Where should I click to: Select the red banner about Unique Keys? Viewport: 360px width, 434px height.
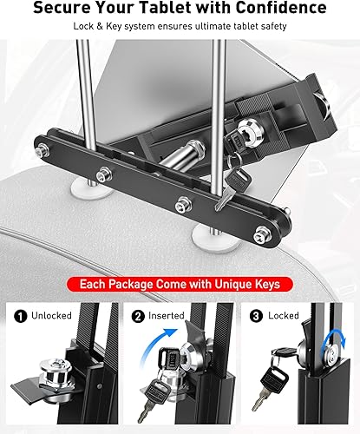[x=180, y=284]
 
